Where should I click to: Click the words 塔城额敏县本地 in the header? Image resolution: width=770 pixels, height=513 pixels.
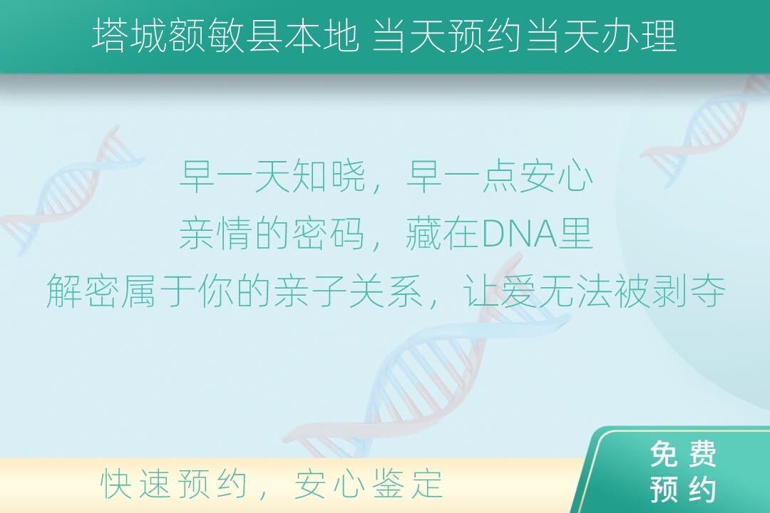coord(225,36)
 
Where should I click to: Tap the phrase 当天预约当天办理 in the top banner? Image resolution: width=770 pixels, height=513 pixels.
coord(525,36)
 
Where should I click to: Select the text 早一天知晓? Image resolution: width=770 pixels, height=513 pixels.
coord(273,176)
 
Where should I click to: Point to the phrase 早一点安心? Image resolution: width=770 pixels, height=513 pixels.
coord(500,176)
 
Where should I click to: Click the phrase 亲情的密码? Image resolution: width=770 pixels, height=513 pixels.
coord(272,234)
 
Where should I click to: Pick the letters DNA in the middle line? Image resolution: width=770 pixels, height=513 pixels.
coord(520,234)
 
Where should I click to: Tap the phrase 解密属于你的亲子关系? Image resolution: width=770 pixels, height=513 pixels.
coord(235,291)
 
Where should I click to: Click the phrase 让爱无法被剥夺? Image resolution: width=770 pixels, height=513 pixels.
coord(594,291)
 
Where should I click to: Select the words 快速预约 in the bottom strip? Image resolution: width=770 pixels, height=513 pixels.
coord(173,484)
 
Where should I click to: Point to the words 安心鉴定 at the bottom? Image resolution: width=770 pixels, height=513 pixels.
coord(369,484)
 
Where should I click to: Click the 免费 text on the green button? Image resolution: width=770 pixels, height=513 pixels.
coord(683,454)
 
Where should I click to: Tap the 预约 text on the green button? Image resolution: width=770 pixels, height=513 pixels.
coord(683,489)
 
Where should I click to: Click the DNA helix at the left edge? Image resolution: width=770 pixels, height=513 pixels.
coord(68,192)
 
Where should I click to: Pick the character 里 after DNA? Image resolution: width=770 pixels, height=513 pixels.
coord(577,234)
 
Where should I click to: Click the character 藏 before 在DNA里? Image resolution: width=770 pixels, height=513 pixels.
coord(424,234)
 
